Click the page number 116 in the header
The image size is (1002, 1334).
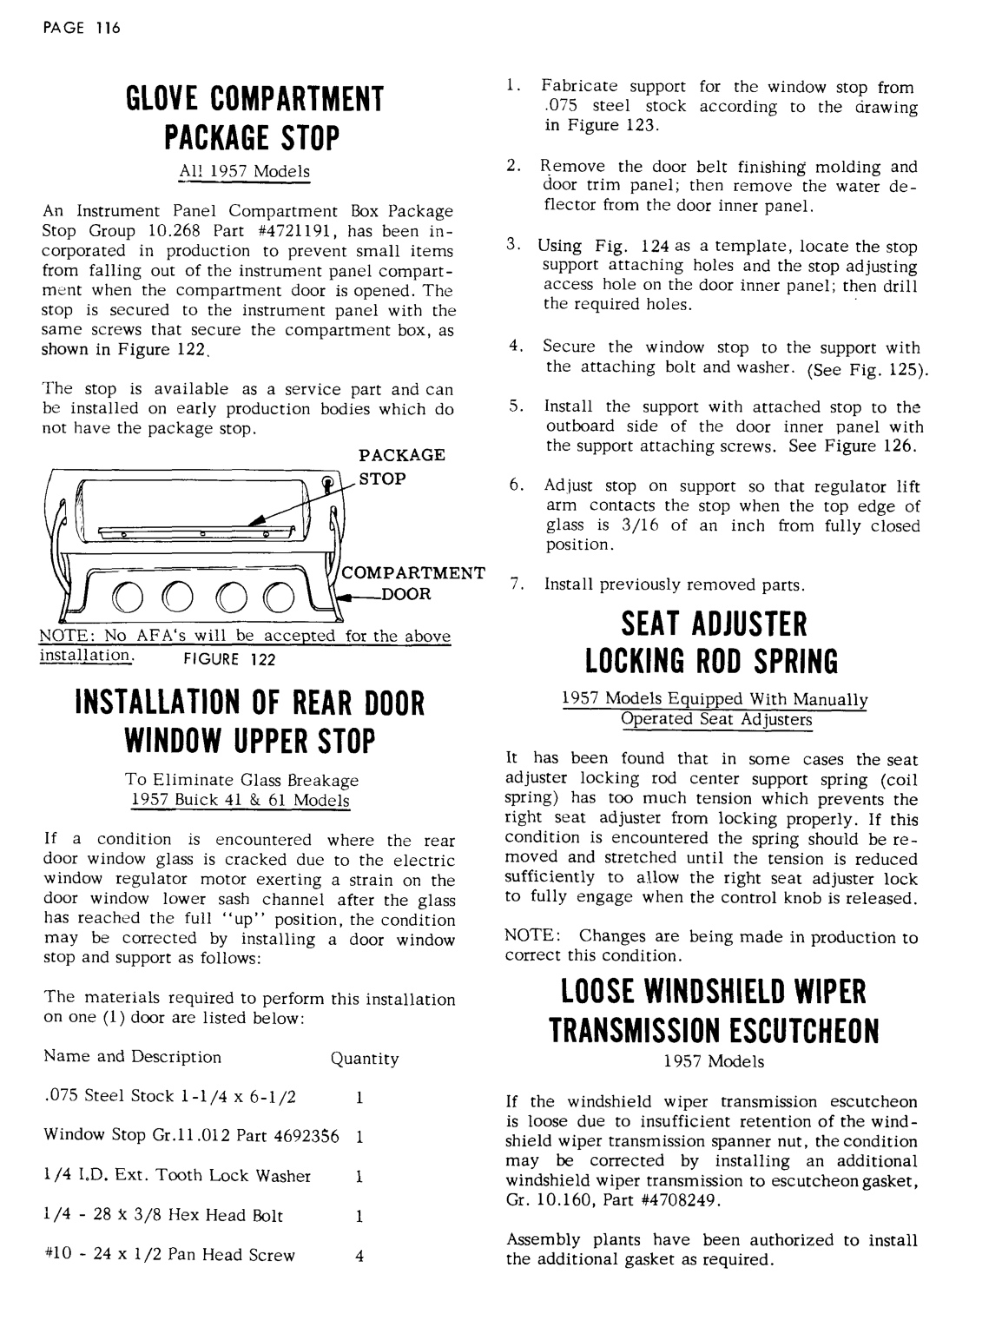109,27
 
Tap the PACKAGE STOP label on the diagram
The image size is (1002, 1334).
401,466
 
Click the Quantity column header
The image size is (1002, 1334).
365,1059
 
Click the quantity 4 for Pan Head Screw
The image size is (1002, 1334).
359,1256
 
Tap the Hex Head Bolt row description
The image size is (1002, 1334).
163,1216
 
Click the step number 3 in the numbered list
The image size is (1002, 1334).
512,247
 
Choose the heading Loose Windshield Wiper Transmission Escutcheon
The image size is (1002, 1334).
714,1010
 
